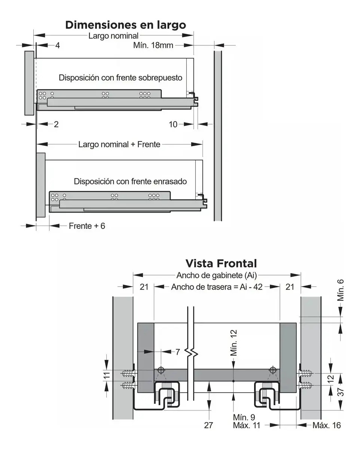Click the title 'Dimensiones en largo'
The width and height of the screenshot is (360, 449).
coord(125,25)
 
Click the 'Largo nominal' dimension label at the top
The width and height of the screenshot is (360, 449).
coord(113,36)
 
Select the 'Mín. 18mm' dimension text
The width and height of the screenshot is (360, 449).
coord(153,46)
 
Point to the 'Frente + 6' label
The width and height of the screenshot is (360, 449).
coord(87,226)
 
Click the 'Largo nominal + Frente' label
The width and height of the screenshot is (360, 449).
coord(119,144)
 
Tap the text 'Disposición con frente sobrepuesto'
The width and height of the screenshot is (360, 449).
coord(120,78)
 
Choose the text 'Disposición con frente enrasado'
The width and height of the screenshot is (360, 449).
coord(130,181)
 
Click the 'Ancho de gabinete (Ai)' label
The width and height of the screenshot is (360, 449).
coord(216,276)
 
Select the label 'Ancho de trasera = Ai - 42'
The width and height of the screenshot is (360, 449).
coord(217,287)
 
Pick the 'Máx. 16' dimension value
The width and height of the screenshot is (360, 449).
coord(327,425)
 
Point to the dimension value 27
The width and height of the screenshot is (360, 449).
coord(208,425)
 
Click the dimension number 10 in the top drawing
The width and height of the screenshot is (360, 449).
coord(173,124)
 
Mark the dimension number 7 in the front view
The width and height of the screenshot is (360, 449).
coord(178,352)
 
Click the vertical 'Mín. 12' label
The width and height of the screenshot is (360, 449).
coord(234,343)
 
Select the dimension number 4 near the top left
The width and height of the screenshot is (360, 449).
coord(57,46)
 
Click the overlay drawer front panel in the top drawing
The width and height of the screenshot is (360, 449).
coord(29,83)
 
